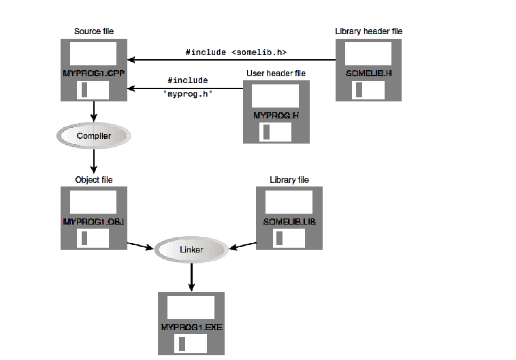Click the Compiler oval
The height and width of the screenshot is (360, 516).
coord(93,136)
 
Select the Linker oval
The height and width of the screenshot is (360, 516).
coord(191,250)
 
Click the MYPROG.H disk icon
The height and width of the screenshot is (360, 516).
coord(276,112)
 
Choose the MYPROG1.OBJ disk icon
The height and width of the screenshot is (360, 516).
coord(93,218)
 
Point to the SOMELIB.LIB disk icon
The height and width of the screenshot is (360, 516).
coord(289,218)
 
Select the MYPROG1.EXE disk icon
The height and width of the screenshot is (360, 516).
coord(191,324)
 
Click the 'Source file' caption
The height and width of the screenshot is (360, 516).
coord(93,32)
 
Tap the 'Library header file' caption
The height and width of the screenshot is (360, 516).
coord(373,31)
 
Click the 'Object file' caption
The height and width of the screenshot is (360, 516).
coord(93,180)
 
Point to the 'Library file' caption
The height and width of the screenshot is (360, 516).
coord(289,180)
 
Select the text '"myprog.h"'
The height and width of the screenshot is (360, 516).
coord(190,93)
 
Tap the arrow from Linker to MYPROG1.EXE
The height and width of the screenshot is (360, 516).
coord(191,276)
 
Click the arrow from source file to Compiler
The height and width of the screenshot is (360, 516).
coord(93,112)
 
